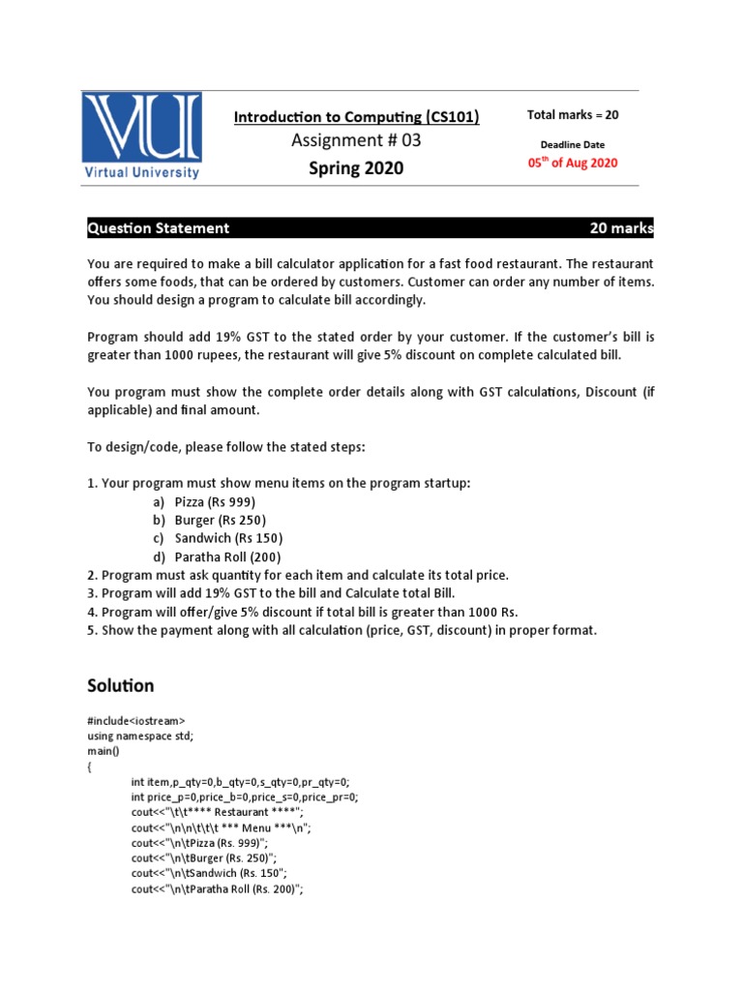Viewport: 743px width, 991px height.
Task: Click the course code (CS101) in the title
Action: click(x=452, y=117)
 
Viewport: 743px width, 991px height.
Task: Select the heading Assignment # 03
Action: click(x=356, y=141)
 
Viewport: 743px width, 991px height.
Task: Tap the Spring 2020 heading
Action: click(x=356, y=168)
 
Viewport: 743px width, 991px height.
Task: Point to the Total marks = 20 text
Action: click(x=573, y=115)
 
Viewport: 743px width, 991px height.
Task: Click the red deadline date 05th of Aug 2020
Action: click(x=572, y=163)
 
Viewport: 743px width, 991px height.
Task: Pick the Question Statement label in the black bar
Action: click(x=159, y=228)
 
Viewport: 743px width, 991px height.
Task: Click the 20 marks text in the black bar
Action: click(x=621, y=228)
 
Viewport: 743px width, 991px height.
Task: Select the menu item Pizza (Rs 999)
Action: click(x=215, y=501)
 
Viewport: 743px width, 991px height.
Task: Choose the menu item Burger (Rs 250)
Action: click(x=220, y=520)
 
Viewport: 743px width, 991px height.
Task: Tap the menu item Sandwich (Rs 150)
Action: click(x=228, y=538)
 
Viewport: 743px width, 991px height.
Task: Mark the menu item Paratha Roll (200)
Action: click(x=227, y=556)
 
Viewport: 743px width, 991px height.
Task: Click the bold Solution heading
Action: click(x=121, y=685)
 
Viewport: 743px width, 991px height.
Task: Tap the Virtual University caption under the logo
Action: click(x=141, y=173)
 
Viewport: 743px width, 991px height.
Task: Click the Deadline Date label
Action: click(x=573, y=144)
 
